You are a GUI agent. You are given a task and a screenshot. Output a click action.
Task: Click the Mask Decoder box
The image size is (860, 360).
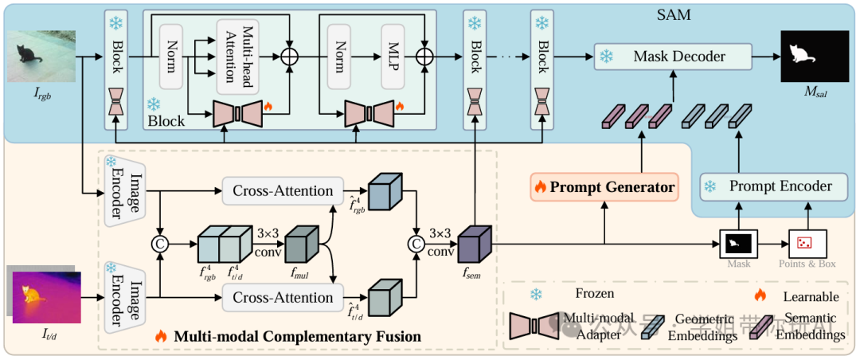coord(679,57)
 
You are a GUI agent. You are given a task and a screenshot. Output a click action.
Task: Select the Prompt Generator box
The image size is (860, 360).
coord(604,188)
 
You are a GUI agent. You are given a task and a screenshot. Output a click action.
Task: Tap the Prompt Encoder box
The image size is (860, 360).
coord(766,186)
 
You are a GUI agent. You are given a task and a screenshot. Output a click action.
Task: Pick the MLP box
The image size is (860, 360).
coord(392,57)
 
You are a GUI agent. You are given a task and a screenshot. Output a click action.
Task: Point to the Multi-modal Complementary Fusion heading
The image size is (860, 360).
coord(298,336)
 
